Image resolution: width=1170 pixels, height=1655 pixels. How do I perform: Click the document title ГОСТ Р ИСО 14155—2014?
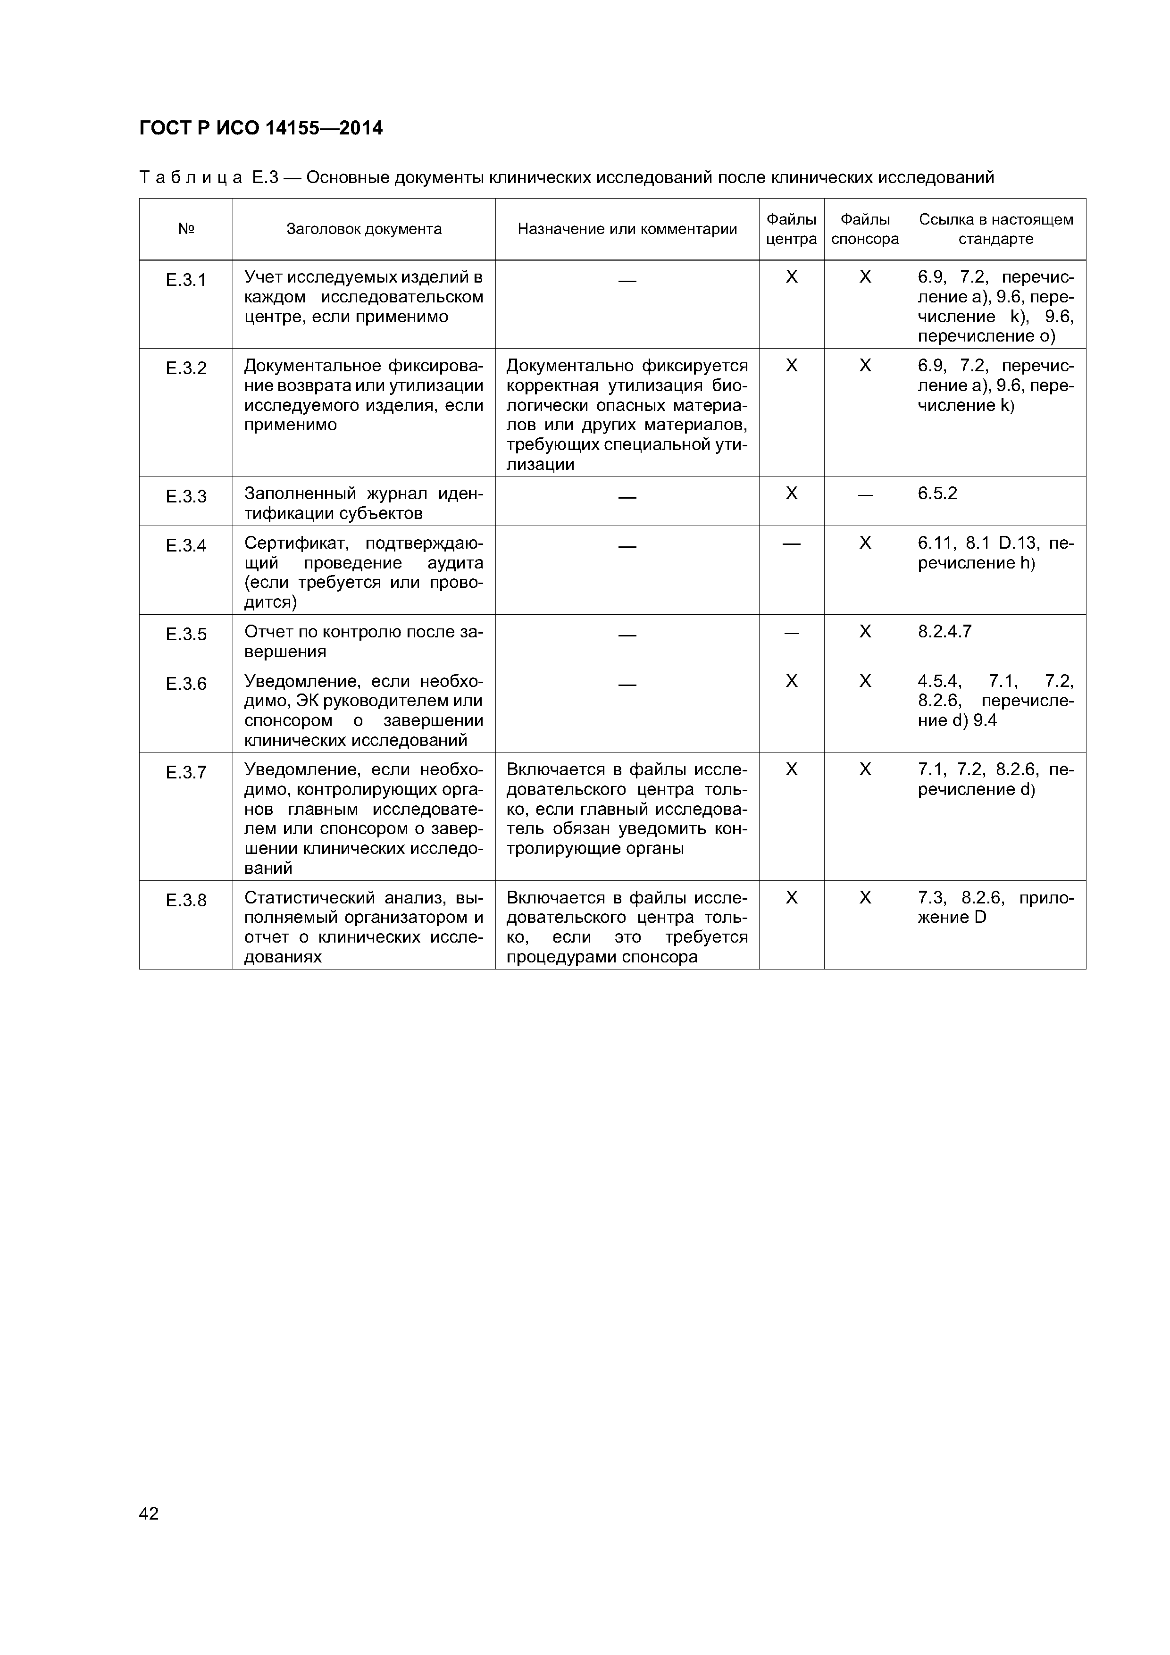(260, 128)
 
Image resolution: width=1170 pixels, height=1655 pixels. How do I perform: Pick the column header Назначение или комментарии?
(627, 229)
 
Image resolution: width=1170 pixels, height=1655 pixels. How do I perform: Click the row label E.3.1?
(185, 280)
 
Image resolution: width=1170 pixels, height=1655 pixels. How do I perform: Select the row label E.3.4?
(185, 546)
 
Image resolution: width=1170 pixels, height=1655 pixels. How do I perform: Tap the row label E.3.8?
(185, 900)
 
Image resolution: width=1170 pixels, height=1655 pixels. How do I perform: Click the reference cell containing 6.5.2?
(937, 494)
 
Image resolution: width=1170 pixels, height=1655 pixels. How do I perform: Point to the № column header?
(185, 229)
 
